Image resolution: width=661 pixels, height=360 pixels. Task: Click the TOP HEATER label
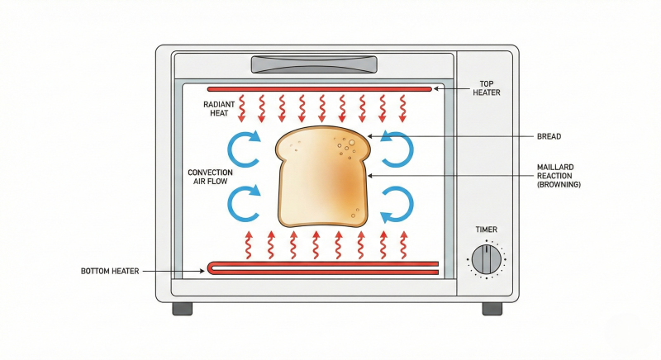click(x=487, y=88)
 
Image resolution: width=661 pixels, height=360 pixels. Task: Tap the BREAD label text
click(x=549, y=135)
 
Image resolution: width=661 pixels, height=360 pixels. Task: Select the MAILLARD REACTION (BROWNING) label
click(x=559, y=176)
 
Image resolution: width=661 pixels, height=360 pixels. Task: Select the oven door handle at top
click(x=314, y=64)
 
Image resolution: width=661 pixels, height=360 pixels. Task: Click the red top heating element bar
click(x=319, y=88)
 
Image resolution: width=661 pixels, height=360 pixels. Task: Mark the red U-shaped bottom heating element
click(x=322, y=267)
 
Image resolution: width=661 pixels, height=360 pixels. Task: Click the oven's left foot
click(x=182, y=308)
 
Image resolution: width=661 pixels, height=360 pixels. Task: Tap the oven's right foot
click(x=492, y=308)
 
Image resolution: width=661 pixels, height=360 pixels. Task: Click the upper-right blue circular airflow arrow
click(x=397, y=149)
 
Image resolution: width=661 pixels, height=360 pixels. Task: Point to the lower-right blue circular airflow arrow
click(x=397, y=203)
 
